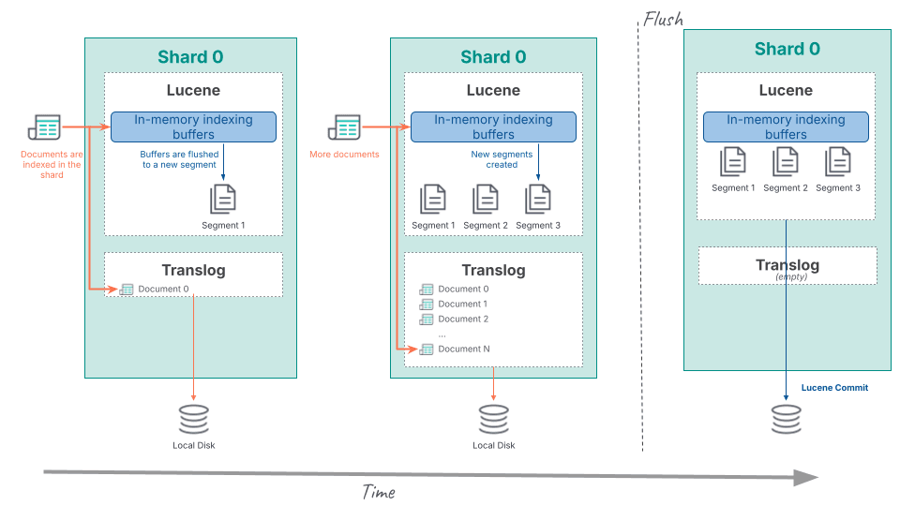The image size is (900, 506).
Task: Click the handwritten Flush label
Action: (663, 19)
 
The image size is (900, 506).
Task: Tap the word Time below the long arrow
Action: (379, 492)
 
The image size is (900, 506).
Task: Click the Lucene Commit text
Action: (834, 388)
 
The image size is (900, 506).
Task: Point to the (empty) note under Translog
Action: (787, 276)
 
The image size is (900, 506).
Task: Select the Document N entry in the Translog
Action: (463, 349)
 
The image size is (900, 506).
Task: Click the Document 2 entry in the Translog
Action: (463, 319)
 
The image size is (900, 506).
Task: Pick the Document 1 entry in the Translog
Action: (463, 304)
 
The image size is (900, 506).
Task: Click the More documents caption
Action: (344, 155)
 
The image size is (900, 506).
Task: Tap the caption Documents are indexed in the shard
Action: (52, 164)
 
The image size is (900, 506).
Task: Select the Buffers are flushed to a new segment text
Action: (179, 159)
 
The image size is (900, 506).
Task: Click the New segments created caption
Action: (502, 159)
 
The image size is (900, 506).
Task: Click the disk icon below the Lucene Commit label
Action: (787, 419)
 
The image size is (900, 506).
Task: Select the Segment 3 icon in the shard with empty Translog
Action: (838, 163)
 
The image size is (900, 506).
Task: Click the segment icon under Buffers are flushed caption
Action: (223, 199)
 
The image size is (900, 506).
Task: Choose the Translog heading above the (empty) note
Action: (787, 265)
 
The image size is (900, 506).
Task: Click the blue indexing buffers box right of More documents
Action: (493, 127)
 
